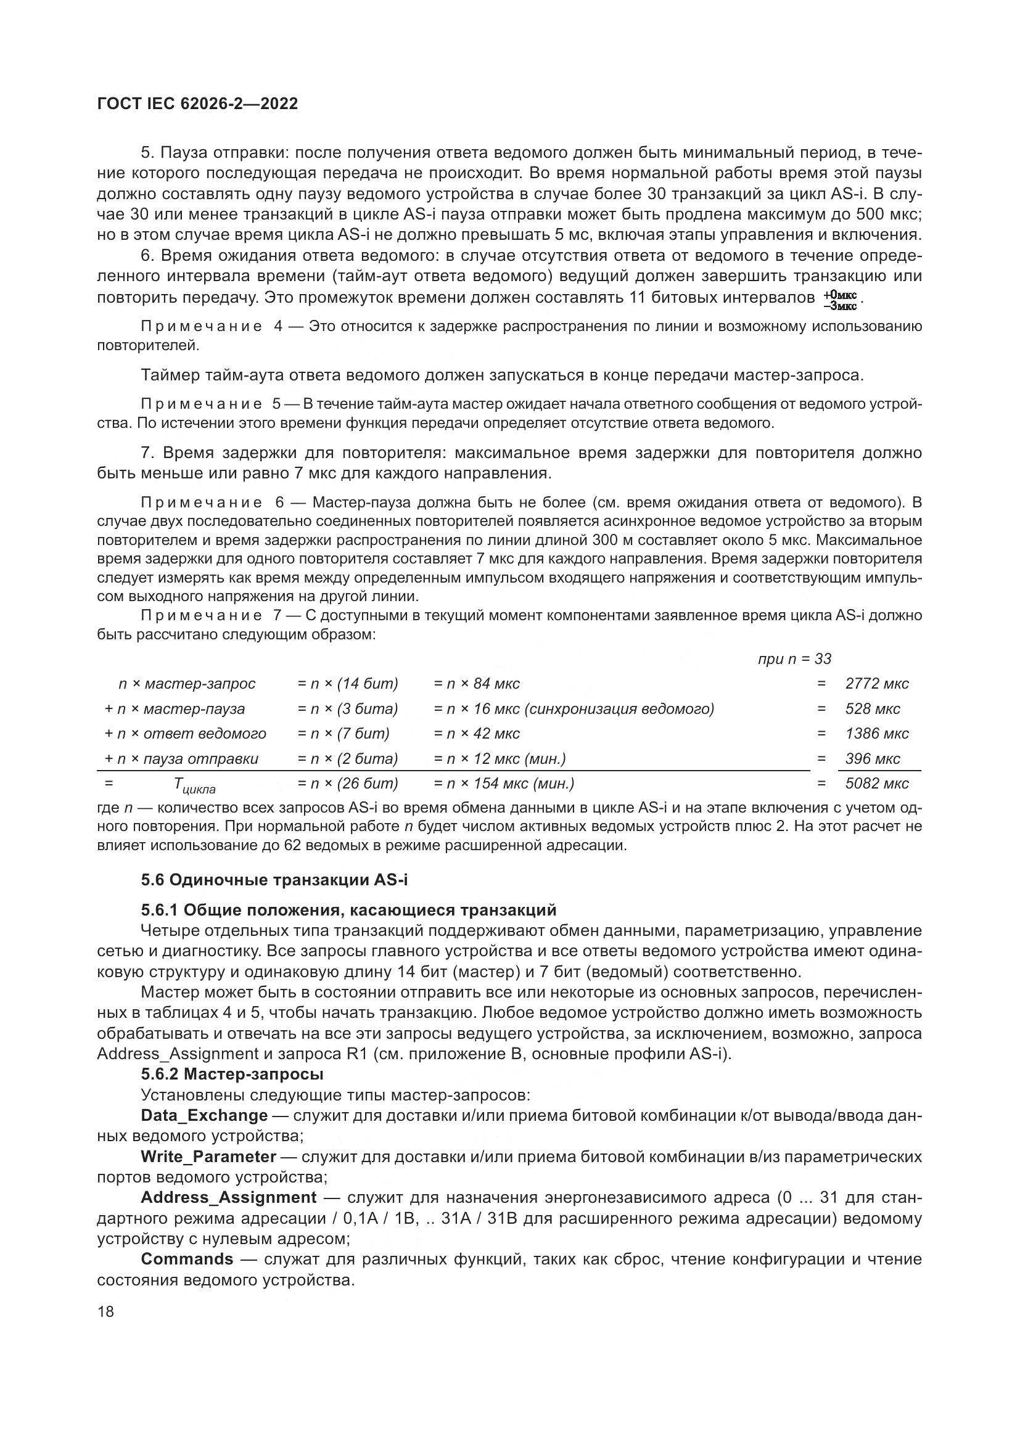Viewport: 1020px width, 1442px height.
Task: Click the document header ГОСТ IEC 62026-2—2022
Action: point(197,104)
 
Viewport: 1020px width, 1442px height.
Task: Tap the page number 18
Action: point(105,1311)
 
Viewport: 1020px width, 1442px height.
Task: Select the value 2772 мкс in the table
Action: point(877,683)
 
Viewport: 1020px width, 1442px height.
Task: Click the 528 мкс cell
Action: point(873,708)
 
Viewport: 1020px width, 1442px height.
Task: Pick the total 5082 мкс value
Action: point(877,783)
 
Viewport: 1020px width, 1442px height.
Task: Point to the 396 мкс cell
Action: point(873,758)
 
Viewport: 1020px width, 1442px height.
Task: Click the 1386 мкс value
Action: point(877,733)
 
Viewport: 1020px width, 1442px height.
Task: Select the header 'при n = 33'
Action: point(794,659)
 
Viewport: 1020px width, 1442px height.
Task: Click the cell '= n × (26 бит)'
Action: point(347,783)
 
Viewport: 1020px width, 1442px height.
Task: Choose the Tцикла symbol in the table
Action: point(194,785)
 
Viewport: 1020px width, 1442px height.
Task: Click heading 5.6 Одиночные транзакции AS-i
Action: point(274,880)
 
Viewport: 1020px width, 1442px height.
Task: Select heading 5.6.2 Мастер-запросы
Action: point(232,1074)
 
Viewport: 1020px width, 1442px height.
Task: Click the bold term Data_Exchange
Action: point(204,1115)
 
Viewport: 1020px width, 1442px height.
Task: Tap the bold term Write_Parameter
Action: point(208,1156)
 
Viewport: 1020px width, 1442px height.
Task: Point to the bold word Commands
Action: point(187,1260)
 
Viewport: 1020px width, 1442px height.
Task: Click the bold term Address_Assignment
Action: point(229,1198)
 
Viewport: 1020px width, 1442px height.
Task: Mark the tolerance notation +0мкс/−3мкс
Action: point(840,300)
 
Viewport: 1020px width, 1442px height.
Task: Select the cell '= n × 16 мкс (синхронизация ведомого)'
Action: point(574,708)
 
